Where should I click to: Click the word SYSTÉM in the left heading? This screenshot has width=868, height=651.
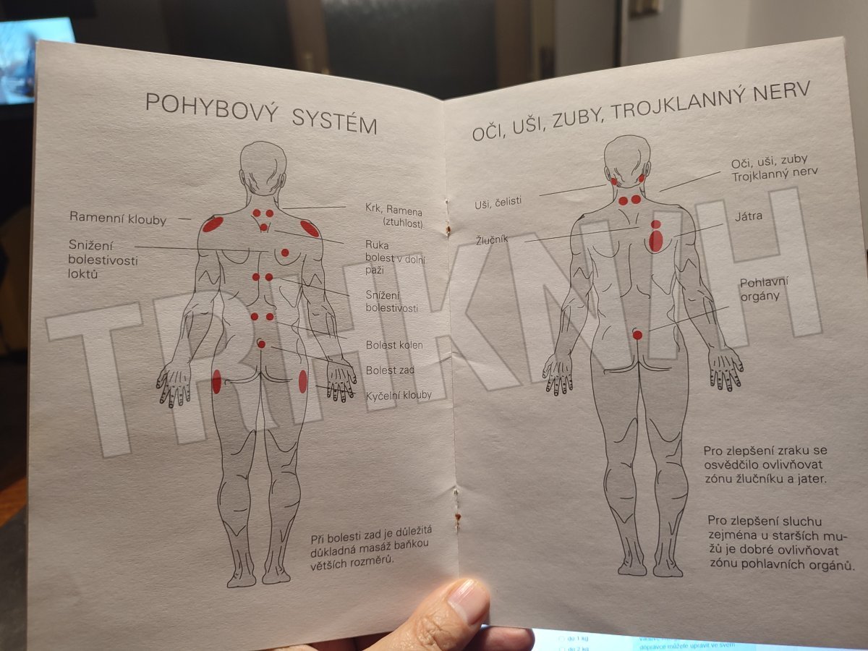tap(335, 122)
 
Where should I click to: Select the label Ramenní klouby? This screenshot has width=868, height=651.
tap(118, 218)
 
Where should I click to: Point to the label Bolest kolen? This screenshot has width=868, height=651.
tap(394, 345)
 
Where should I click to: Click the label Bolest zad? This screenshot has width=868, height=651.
tap(390, 370)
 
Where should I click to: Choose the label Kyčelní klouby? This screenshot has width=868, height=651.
tap(399, 395)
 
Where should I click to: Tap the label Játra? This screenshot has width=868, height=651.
tap(749, 216)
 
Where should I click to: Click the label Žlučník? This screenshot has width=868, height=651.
tap(492, 239)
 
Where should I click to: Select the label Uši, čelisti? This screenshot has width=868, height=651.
tap(498, 203)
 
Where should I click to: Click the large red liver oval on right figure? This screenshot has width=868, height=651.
tap(655, 241)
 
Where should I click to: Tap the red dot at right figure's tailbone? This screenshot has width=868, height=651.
tap(637, 335)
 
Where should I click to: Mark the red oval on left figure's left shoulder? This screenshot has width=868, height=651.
tap(213, 224)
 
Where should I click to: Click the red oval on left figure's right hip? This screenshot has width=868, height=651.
tap(302, 381)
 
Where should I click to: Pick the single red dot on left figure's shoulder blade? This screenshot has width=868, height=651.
tap(285, 252)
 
